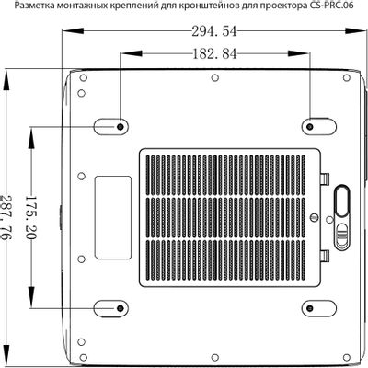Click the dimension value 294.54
214,31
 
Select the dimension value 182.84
214,54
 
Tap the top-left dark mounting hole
120,126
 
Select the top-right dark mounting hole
310,126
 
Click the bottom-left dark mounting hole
120,308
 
